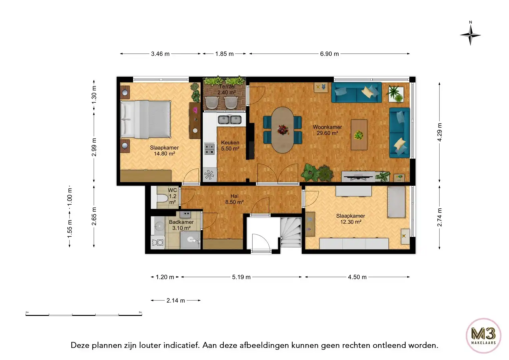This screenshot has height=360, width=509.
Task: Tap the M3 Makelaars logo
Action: point(483,335)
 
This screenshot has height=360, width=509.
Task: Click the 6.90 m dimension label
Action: point(329,54)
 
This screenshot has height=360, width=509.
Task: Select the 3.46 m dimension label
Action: point(160,54)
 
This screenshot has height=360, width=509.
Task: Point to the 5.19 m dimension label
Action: point(241,277)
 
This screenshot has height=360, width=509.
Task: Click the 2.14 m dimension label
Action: point(176,300)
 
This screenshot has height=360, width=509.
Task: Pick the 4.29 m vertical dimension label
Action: point(440,132)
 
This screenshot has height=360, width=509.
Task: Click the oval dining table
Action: point(283,130)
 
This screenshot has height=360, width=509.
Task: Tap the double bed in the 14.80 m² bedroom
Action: point(146,119)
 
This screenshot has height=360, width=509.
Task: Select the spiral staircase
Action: point(291,232)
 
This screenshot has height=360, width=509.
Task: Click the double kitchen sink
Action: point(230,119)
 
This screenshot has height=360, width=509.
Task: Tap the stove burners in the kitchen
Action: point(209,149)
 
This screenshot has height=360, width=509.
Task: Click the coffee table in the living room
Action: point(359,135)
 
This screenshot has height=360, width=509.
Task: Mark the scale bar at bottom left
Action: point(84,314)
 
